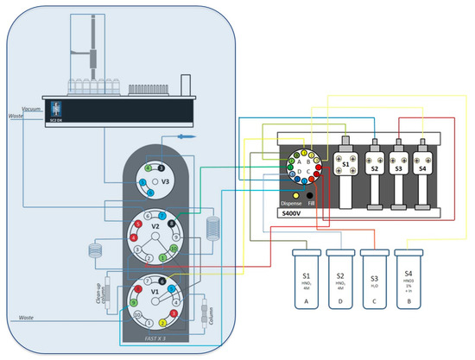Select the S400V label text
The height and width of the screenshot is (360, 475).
288,212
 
